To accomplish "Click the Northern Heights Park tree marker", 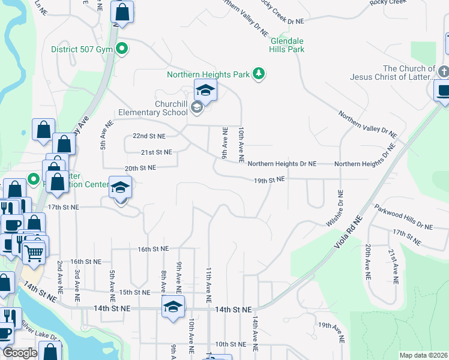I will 259,74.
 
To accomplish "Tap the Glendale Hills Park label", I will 287,45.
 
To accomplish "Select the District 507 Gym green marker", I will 122,49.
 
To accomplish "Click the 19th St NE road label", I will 268,179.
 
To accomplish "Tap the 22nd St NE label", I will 149,136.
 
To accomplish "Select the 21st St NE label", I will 156,152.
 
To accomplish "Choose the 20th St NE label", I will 140,169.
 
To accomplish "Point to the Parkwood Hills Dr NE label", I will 403,218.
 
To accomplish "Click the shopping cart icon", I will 34,253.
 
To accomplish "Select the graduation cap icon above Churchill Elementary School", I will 205,91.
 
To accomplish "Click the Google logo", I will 19,353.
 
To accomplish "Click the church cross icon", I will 444,71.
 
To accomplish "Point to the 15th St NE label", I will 134,292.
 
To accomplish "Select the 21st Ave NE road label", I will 395,266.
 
